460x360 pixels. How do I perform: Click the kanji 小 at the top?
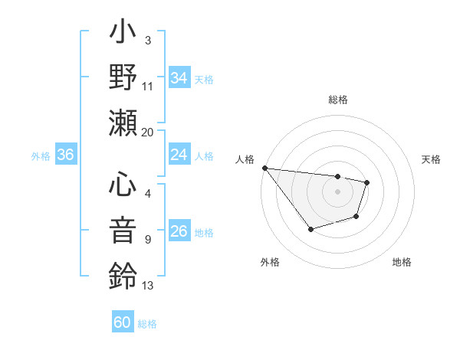(123, 34)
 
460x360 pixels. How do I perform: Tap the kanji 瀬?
(123, 123)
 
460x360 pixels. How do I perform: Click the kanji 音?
(123, 231)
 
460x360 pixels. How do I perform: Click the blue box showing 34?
(179, 77)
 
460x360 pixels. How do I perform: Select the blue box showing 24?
(179, 155)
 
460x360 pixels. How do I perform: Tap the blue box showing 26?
(179, 232)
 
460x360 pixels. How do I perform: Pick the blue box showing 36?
(65, 155)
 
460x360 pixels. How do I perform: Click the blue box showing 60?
(123, 322)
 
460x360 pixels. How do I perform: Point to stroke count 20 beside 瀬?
(148, 132)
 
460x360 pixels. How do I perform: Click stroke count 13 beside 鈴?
(148, 286)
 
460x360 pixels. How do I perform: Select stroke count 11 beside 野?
(148, 86)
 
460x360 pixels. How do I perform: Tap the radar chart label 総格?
(337, 100)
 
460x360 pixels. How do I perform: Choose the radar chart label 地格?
(402, 263)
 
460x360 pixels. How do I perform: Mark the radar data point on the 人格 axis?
(264, 168)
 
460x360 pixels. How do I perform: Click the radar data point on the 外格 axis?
(310, 229)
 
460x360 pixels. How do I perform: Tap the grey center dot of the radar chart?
(337, 191)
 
